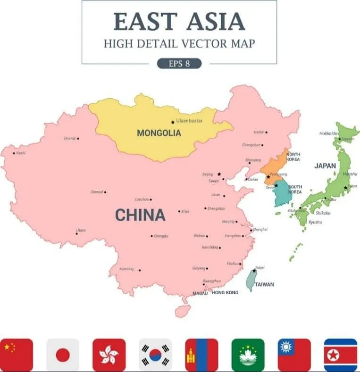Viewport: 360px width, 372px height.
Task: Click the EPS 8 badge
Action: [x=179, y=63]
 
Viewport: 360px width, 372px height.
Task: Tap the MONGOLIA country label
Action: [x=159, y=133]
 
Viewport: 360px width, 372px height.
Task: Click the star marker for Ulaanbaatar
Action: [x=173, y=122]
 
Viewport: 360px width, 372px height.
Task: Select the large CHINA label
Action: [x=140, y=215]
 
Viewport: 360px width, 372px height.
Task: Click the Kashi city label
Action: [x=21, y=153]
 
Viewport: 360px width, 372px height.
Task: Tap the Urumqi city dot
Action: [x=78, y=138]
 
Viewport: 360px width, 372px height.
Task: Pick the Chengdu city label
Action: [x=161, y=236]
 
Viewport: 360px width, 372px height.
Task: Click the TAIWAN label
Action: [x=264, y=284]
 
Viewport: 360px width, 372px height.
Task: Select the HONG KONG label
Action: [x=225, y=292]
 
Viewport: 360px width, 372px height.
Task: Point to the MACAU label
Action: [x=200, y=293]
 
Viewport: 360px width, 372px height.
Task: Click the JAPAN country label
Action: [x=325, y=165]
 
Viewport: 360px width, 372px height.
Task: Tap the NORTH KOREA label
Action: [x=293, y=157]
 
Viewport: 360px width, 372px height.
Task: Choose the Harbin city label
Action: [x=259, y=132]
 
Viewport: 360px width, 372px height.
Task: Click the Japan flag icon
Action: [x=63, y=355]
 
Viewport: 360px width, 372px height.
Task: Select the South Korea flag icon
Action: [x=155, y=355]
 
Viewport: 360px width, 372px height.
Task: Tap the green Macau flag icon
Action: [x=248, y=355]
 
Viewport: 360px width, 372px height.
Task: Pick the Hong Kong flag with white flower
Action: [x=109, y=355]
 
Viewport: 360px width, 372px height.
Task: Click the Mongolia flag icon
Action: [x=201, y=355]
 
